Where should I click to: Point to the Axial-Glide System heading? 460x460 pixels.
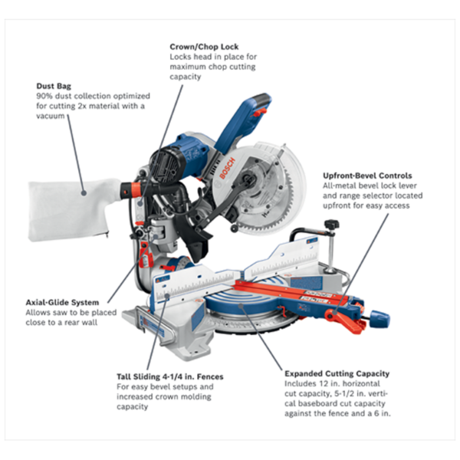pyautogui.click(x=61, y=302)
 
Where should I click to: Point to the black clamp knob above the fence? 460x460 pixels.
pyautogui.click(x=331, y=225)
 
